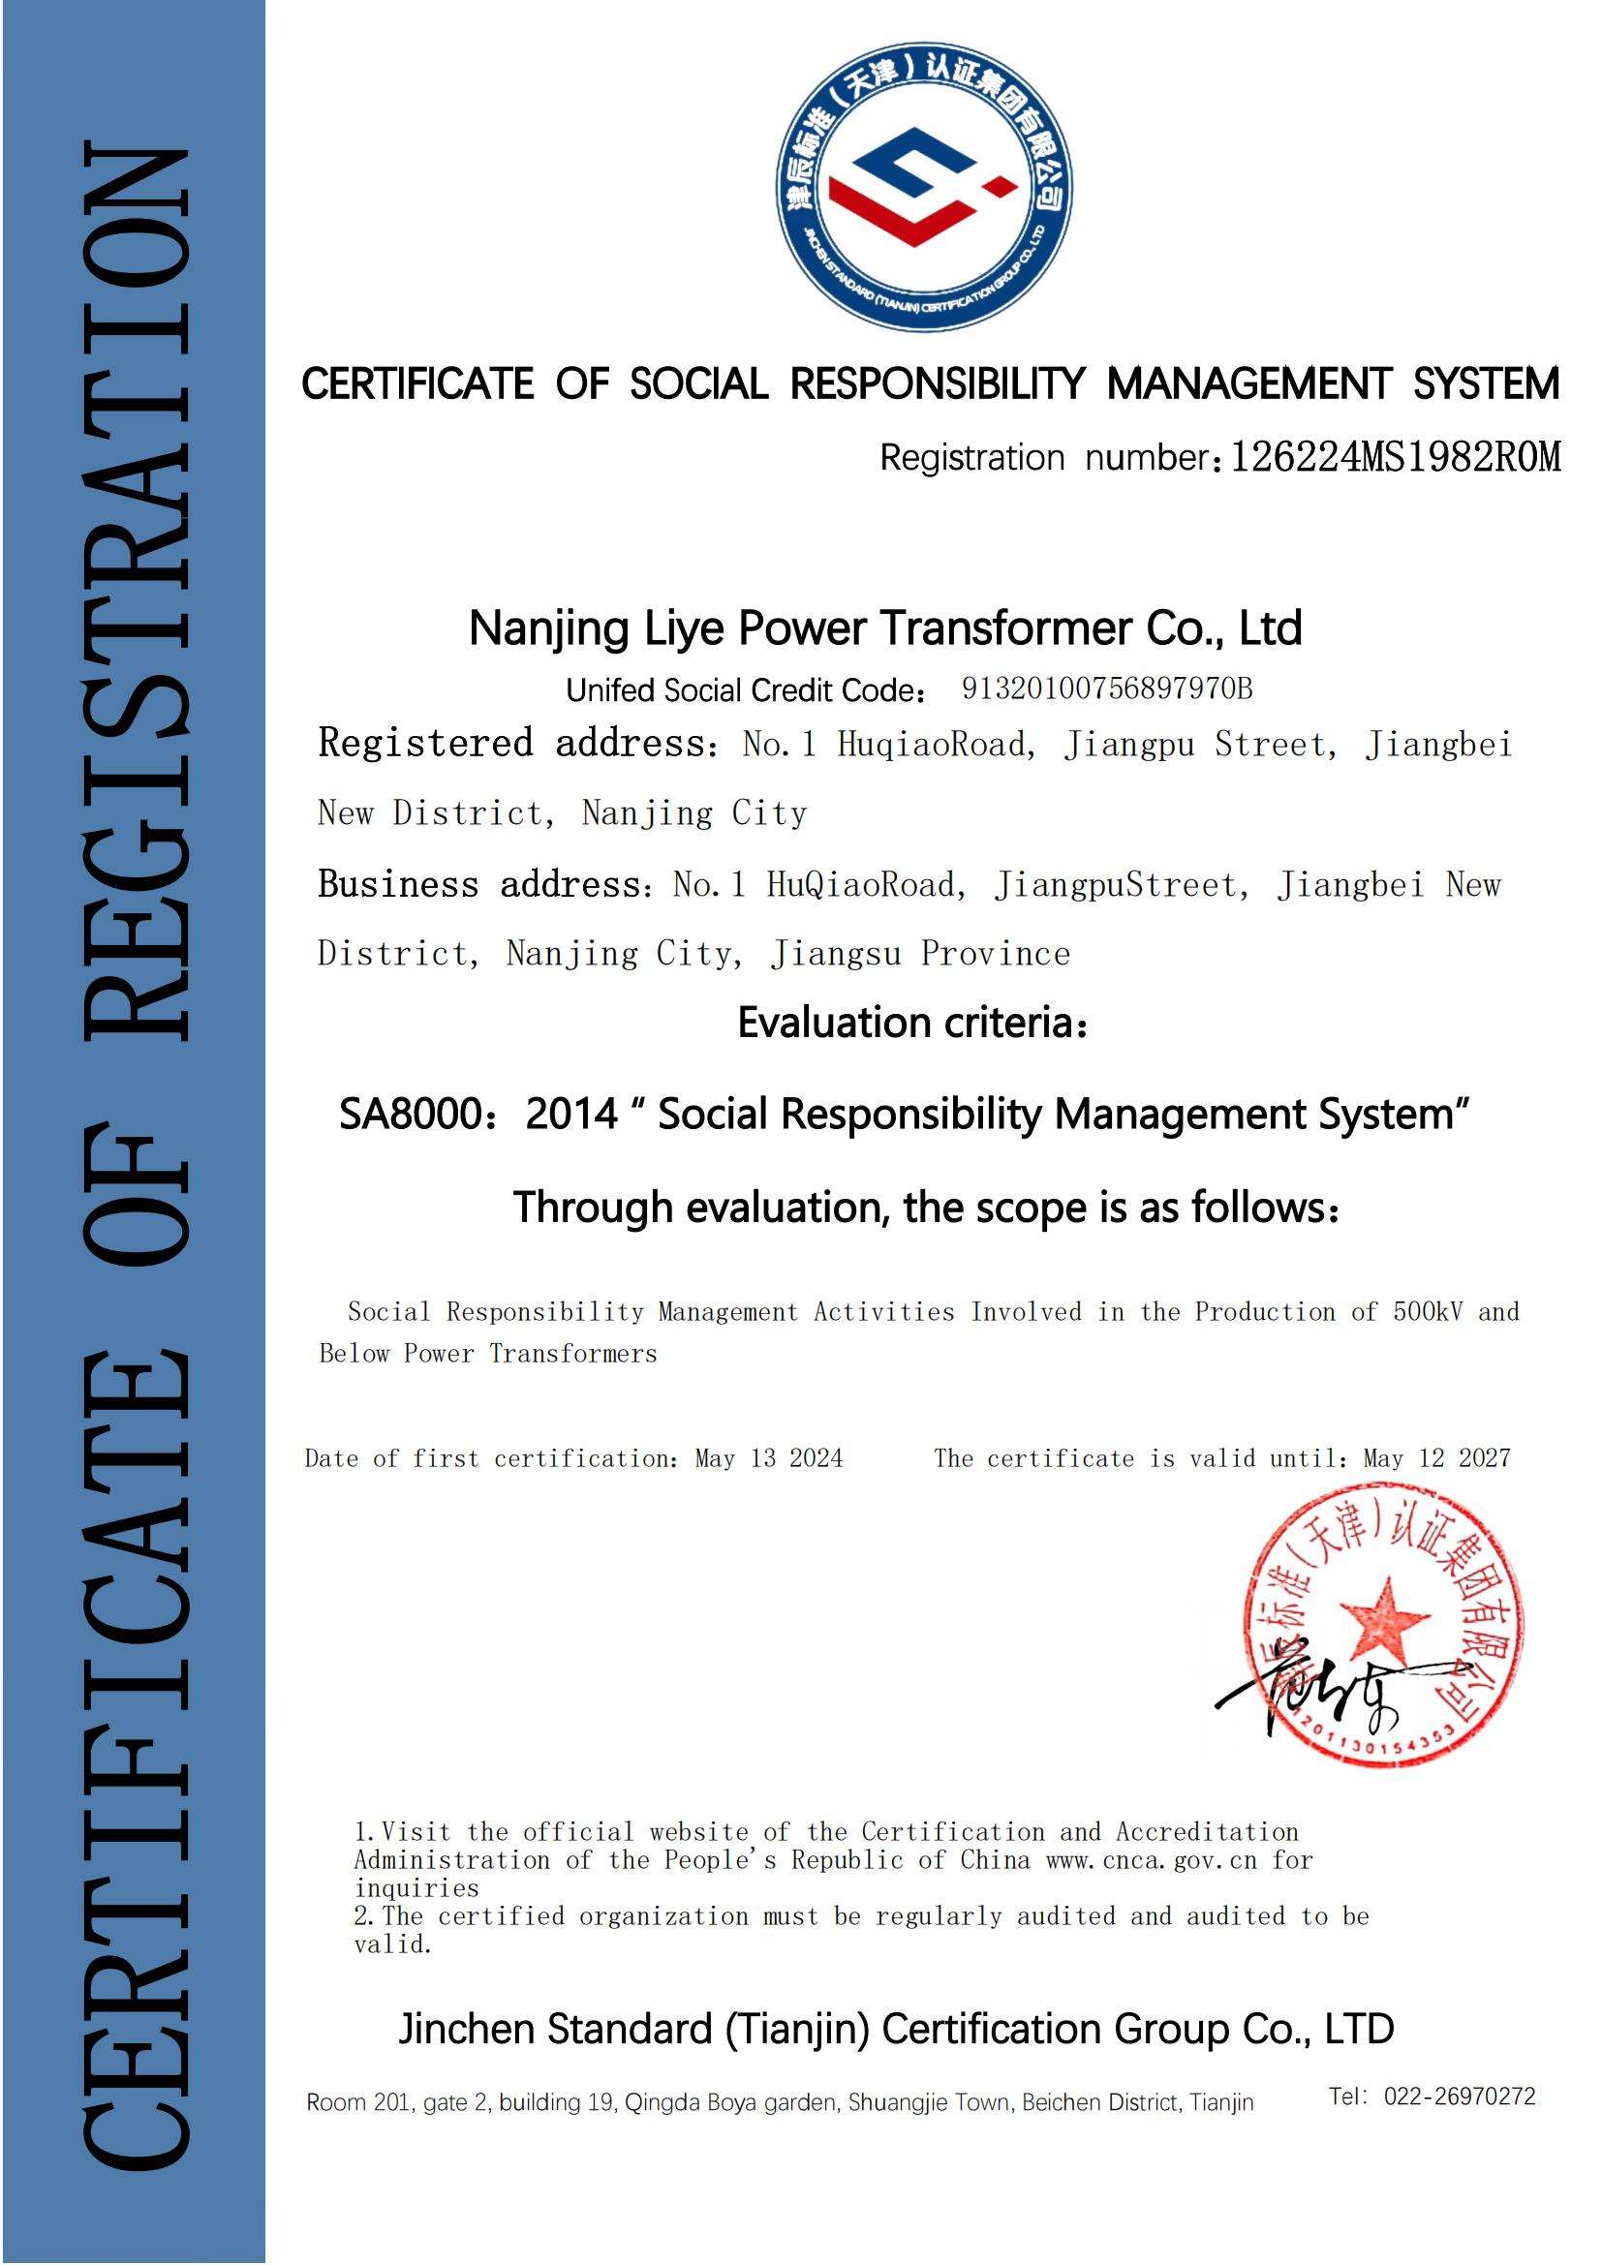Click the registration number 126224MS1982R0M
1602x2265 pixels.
pos(1396,459)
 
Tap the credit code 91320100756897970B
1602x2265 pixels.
pos(1107,689)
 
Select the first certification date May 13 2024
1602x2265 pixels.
pos(768,1459)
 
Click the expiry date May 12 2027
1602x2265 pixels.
pos(1436,1459)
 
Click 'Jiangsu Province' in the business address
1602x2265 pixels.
pos(920,954)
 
